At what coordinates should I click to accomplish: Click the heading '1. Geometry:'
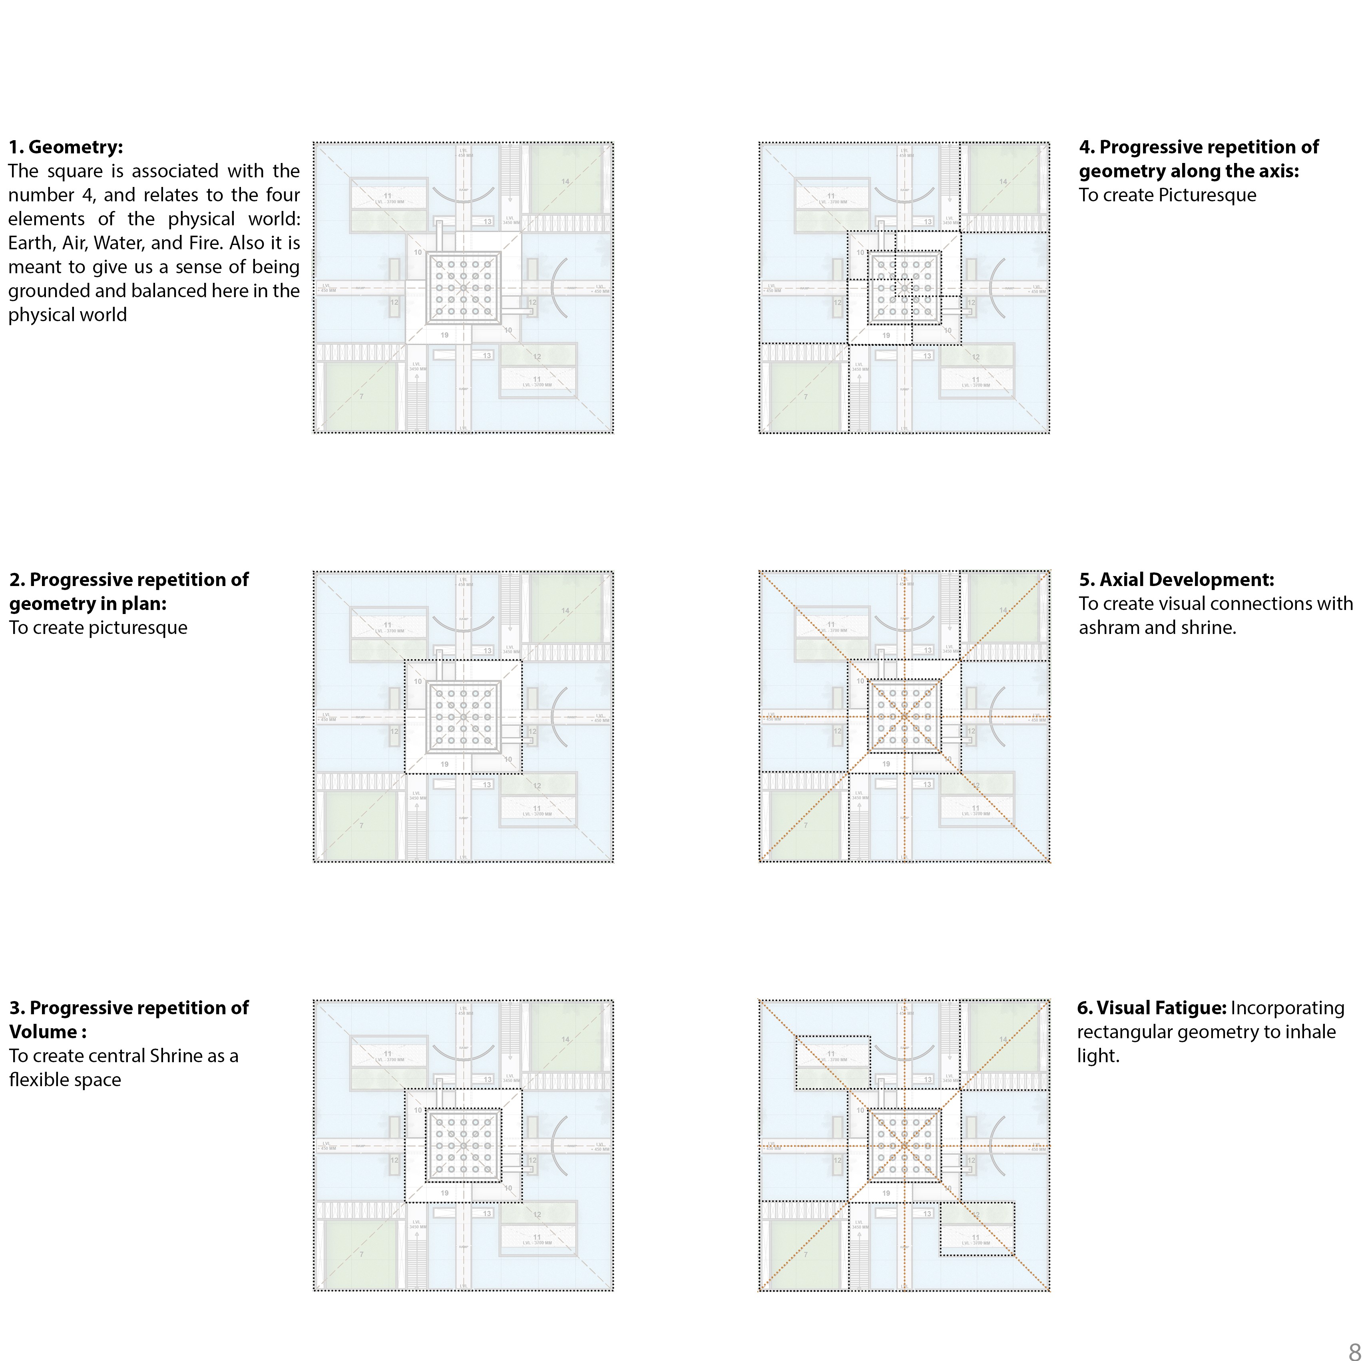(x=66, y=147)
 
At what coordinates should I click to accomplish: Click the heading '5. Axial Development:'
(x=1176, y=580)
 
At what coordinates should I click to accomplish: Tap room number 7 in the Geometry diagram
(x=362, y=397)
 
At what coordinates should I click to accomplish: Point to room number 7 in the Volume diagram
(x=362, y=1255)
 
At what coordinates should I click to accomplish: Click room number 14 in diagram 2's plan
(x=566, y=611)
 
